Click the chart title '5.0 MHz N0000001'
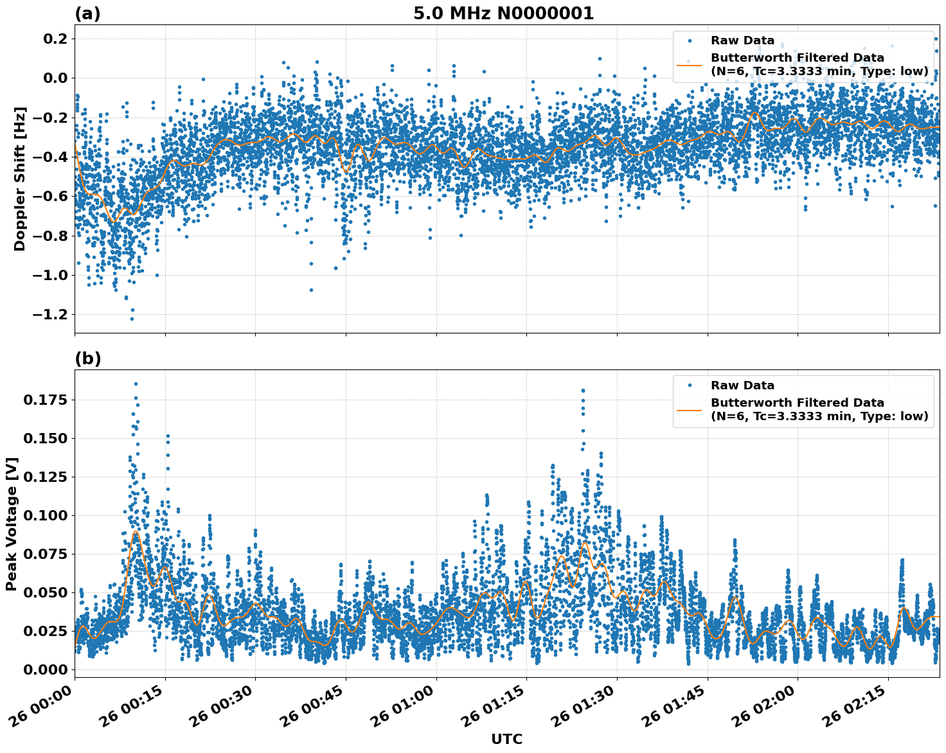(x=503, y=13)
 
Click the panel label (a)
(x=87, y=13)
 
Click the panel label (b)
(x=87, y=359)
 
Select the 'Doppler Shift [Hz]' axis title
(x=20, y=179)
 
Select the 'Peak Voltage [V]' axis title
(x=12, y=524)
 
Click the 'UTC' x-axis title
(x=506, y=739)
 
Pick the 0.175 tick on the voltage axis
(x=45, y=400)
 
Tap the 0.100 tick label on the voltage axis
(x=45, y=515)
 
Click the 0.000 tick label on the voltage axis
(x=45, y=669)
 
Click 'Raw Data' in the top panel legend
(x=742, y=40)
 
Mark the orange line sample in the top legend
(x=690, y=65)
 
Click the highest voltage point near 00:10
(x=136, y=384)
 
